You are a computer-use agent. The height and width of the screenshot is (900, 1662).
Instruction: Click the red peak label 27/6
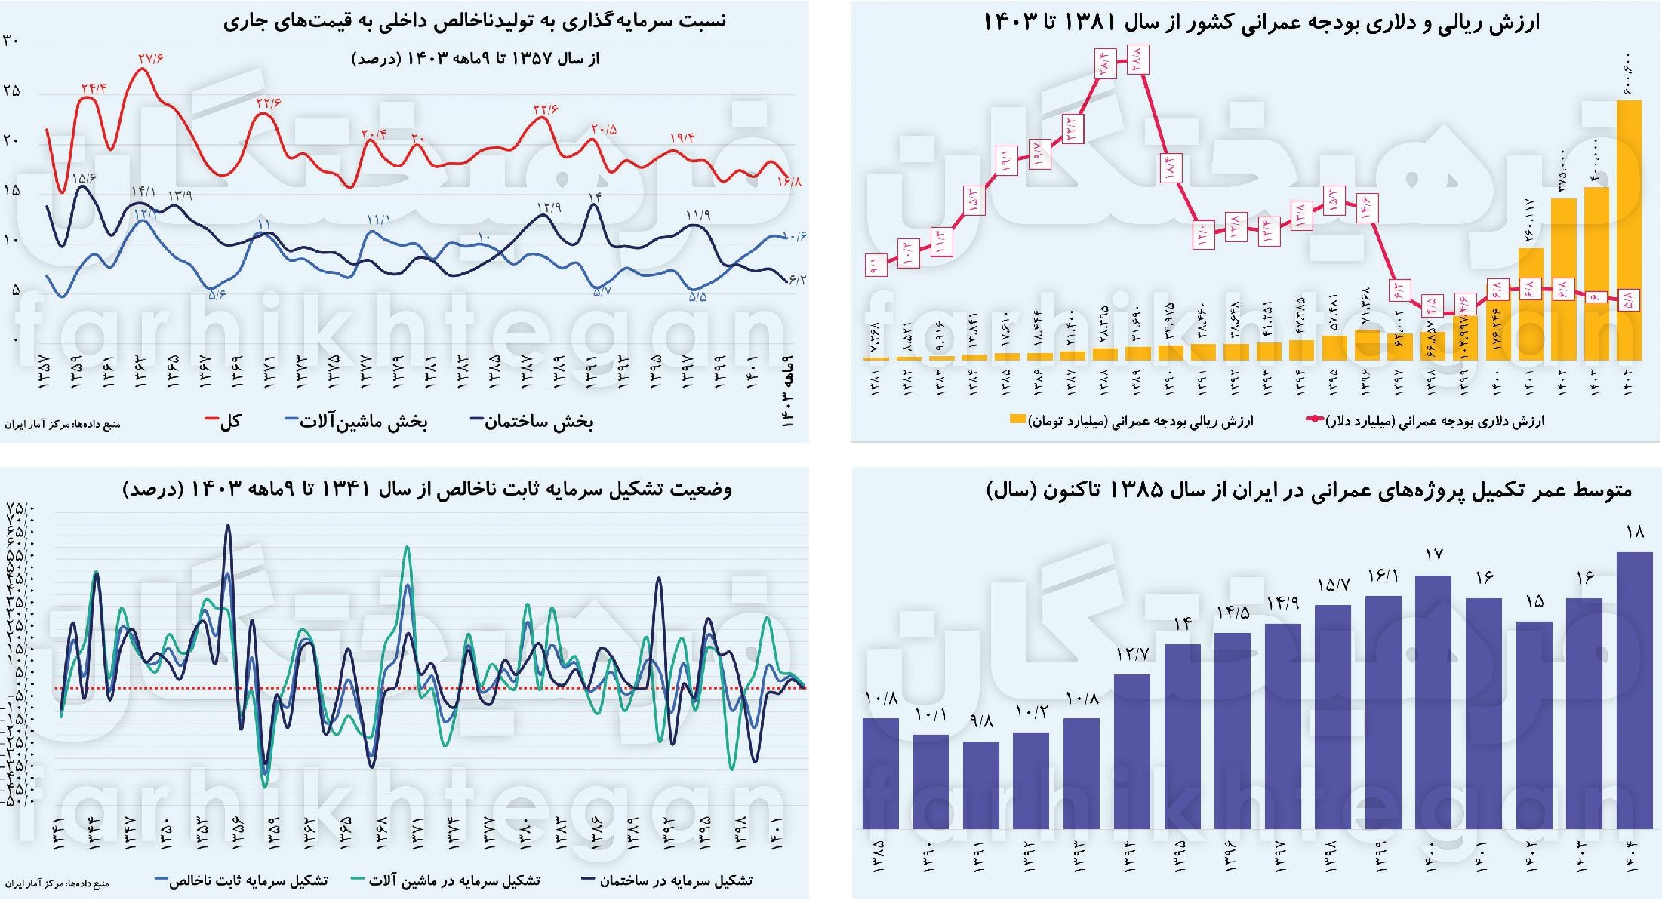(x=151, y=58)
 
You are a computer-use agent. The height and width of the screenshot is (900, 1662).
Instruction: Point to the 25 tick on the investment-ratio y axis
(x=11, y=91)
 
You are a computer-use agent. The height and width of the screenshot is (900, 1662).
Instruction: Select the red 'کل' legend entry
(x=223, y=421)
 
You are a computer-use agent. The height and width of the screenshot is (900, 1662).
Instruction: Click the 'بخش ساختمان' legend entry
(x=532, y=421)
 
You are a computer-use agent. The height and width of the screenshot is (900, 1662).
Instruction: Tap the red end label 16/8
(x=789, y=181)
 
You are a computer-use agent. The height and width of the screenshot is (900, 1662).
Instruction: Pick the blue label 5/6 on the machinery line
(x=217, y=294)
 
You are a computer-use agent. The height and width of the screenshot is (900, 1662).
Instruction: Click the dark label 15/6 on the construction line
(x=84, y=178)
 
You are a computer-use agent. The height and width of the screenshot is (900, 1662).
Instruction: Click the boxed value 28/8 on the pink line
(x=1137, y=58)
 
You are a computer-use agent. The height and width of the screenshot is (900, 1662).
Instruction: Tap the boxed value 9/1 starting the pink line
(x=875, y=265)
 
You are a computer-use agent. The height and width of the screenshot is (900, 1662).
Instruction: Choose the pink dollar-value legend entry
(x=1427, y=420)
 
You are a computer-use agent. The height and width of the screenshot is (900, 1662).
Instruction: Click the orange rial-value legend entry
(x=1132, y=420)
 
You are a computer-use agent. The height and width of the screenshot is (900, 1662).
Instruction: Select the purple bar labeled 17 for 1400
(x=1433, y=702)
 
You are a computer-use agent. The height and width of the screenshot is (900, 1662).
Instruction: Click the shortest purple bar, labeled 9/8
(x=980, y=785)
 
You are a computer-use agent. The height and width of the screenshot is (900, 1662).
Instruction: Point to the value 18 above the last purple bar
(x=1635, y=532)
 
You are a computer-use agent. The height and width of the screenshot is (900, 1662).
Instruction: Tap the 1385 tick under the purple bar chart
(x=880, y=856)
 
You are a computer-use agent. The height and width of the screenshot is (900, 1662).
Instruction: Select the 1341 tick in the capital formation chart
(x=59, y=834)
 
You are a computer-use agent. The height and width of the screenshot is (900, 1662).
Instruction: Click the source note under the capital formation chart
(x=57, y=883)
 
